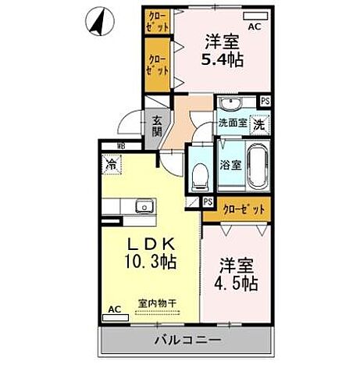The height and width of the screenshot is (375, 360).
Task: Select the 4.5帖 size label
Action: point(237,284)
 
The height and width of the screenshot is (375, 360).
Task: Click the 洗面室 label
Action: point(232,123)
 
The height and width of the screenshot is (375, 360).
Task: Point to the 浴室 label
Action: point(230,166)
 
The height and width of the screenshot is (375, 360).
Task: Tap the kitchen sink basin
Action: point(143,206)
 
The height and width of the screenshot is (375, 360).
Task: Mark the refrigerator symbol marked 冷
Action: point(111,166)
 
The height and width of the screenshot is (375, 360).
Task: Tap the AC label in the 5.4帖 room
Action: point(254,26)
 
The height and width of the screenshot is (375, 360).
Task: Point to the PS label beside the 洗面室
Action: point(266,100)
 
